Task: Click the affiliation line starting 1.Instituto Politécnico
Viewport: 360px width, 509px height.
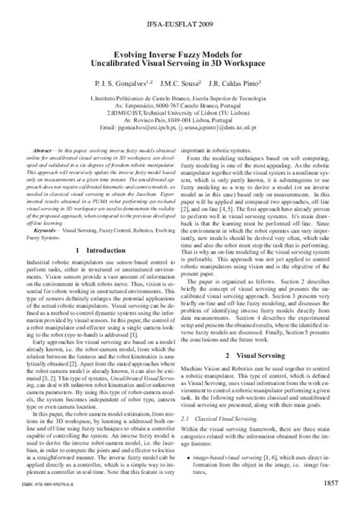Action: click(x=180, y=99)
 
